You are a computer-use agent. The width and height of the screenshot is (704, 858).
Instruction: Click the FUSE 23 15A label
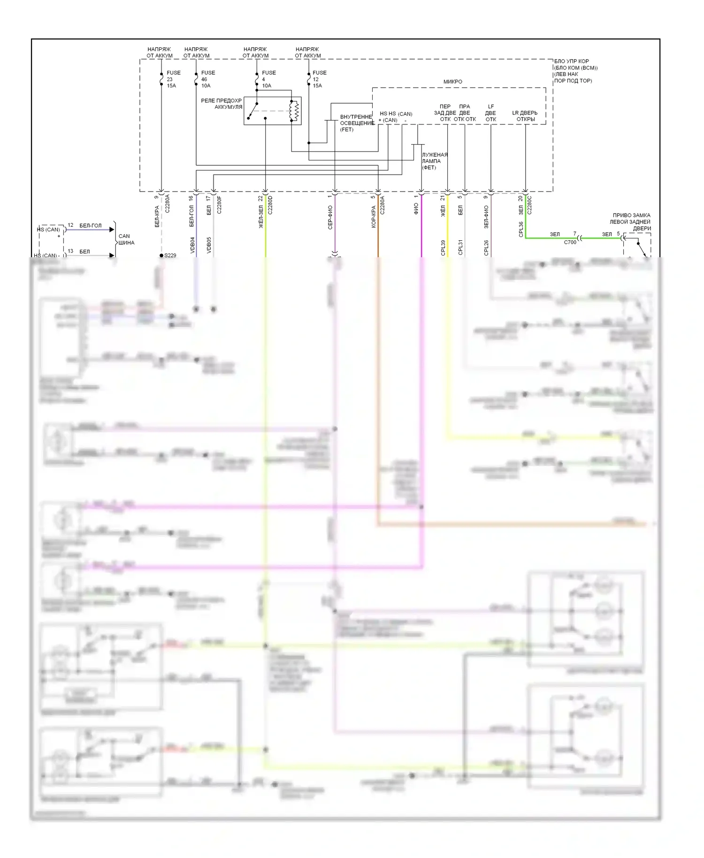(x=173, y=79)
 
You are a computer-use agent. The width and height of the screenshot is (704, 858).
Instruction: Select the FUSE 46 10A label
(x=207, y=79)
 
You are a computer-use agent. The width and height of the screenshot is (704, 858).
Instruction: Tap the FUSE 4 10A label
(x=268, y=79)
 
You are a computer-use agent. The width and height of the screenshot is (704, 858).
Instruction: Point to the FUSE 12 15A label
(x=319, y=79)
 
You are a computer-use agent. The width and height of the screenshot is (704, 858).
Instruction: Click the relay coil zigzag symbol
(x=294, y=111)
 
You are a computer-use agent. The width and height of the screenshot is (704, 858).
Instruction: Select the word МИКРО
(x=452, y=82)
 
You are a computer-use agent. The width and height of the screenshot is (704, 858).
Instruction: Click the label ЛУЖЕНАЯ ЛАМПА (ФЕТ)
(x=434, y=161)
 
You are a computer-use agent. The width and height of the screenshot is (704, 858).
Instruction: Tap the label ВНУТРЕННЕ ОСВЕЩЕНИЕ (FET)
(x=356, y=123)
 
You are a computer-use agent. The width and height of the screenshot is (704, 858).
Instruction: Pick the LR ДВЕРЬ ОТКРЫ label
(x=525, y=116)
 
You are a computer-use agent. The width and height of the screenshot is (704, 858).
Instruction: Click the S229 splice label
(x=170, y=255)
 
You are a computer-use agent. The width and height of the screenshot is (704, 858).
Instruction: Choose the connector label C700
(x=570, y=242)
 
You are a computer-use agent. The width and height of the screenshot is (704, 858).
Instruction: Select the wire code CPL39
(x=443, y=247)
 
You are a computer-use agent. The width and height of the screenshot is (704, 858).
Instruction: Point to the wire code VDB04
(x=192, y=245)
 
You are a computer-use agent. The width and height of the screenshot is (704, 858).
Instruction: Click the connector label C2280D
(x=270, y=205)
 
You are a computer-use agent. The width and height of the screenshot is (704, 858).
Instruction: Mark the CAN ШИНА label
(x=126, y=239)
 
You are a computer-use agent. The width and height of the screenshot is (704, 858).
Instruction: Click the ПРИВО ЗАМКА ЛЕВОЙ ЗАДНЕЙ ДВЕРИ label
(x=631, y=222)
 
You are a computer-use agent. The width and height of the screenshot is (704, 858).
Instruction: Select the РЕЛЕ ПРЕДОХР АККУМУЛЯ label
(x=222, y=104)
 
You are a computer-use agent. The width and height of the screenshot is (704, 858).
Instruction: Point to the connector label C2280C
(x=529, y=205)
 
